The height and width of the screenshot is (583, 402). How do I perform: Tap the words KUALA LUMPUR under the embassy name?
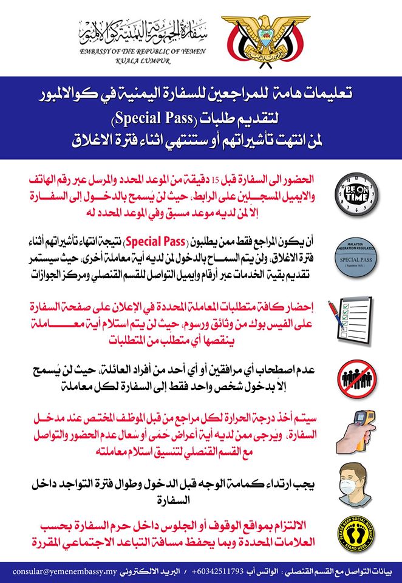point(144,61)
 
